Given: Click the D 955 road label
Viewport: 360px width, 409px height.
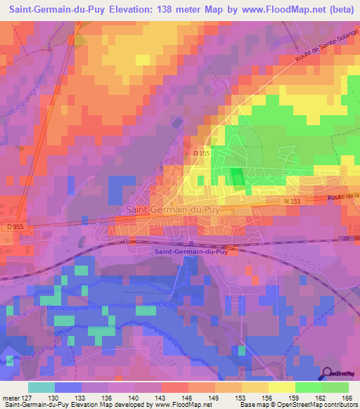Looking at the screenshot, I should (x=15, y=227).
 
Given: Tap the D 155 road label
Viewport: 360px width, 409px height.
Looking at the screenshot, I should (x=202, y=152).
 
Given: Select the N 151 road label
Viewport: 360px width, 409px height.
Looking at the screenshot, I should (x=293, y=202).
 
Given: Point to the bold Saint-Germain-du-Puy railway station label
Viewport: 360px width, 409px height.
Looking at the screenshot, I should (x=189, y=251).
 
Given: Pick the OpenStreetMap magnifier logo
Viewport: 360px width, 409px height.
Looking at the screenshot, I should (x=328, y=372).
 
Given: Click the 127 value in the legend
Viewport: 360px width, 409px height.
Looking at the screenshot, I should (x=27, y=397).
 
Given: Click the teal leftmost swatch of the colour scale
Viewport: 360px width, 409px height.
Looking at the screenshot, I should (x=41, y=387).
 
